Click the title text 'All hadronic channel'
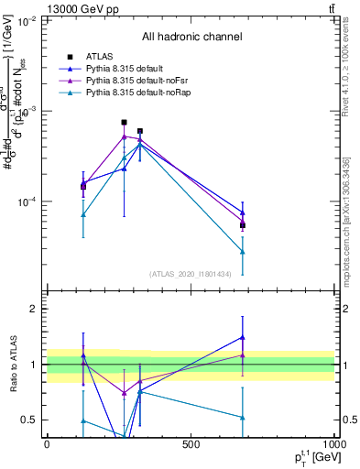coord(191,37)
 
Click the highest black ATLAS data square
coord(125,122)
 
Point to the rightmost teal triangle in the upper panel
coord(243,251)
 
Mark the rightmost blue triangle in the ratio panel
coord(243,336)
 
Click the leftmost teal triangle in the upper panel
coord(83,214)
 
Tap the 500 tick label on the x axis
coord(191,444)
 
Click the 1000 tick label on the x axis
coord(333,444)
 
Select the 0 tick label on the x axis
coord(47,444)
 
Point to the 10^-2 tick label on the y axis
coord(27,19)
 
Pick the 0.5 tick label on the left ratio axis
coord(30,420)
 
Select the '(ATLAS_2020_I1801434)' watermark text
coord(191,274)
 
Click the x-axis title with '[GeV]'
coord(312,458)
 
